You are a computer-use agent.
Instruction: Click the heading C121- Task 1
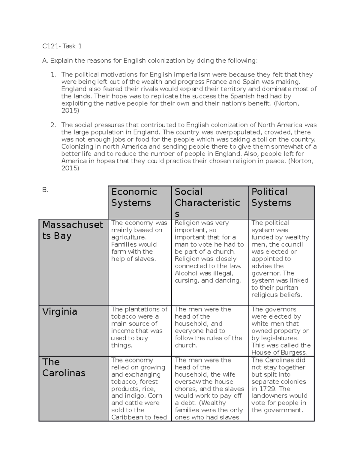click(62, 46)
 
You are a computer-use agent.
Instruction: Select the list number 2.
click(53, 125)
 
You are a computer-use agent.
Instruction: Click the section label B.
click(45, 190)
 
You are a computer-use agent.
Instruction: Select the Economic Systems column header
click(134, 197)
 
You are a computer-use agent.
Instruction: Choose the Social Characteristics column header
click(207, 203)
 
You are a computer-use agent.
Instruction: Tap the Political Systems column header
click(271, 197)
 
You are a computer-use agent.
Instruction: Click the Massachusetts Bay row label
click(73, 230)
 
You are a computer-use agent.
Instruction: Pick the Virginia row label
click(60, 311)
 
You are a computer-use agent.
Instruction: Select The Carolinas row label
click(64, 367)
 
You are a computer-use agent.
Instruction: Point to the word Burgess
click(295, 353)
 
